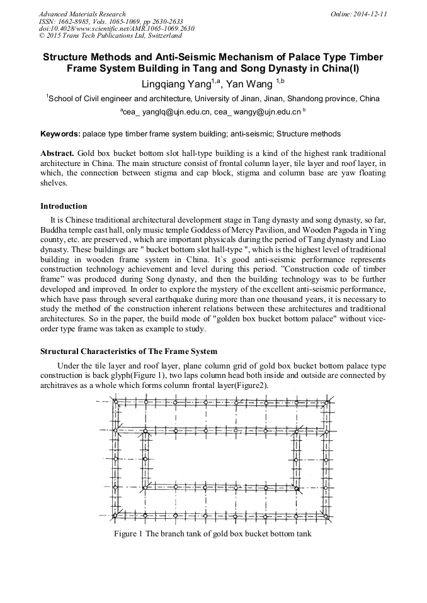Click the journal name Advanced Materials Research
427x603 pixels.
82,14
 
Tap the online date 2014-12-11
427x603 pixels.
372,14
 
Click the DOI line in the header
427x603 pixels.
117,29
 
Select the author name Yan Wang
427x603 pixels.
251,84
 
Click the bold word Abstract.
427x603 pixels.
57,153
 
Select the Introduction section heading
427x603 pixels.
64,206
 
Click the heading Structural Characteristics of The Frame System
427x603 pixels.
128,351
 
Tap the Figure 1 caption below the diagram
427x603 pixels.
212,534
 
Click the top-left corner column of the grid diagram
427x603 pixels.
115,401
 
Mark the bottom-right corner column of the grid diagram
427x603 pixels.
326,516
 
